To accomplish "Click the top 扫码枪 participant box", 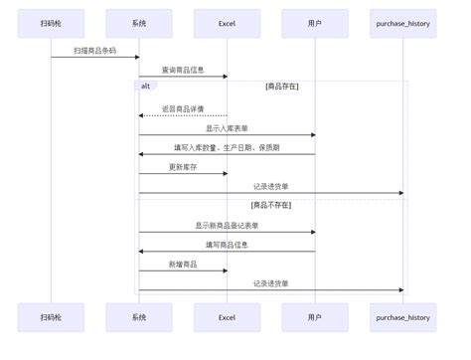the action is [x=51, y=23].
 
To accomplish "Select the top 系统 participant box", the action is [x=139, y=23].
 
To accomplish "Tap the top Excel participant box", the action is [x=227, y=23].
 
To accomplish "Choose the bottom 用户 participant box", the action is [x=315, y=317].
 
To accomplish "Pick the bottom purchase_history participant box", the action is [x=403, y=317].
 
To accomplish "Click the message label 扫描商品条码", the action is [x=95, y=51].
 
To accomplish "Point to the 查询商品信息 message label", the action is [x=183, y=70].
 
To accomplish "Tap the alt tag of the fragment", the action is [x=145, y=87].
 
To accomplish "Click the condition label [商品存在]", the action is [x=282, y=87].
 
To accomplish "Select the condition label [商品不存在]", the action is [x=271, y=205].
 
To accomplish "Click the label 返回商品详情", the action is [x=183, y=109].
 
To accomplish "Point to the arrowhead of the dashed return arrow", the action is [x=141, y=115].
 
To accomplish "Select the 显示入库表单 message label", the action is [x=227, y=128].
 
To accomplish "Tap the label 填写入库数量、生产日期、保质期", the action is [x=227, y=147].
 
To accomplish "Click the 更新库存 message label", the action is [x=183, y=167].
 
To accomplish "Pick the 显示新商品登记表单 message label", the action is [x=227, y=226].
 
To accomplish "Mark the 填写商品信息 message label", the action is [x=227, y=245].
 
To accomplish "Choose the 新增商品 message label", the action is [x=183, y=265].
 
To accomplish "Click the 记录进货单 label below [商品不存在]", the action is [x=271, y=283].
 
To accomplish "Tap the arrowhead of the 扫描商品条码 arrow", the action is [x=137, y=57].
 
